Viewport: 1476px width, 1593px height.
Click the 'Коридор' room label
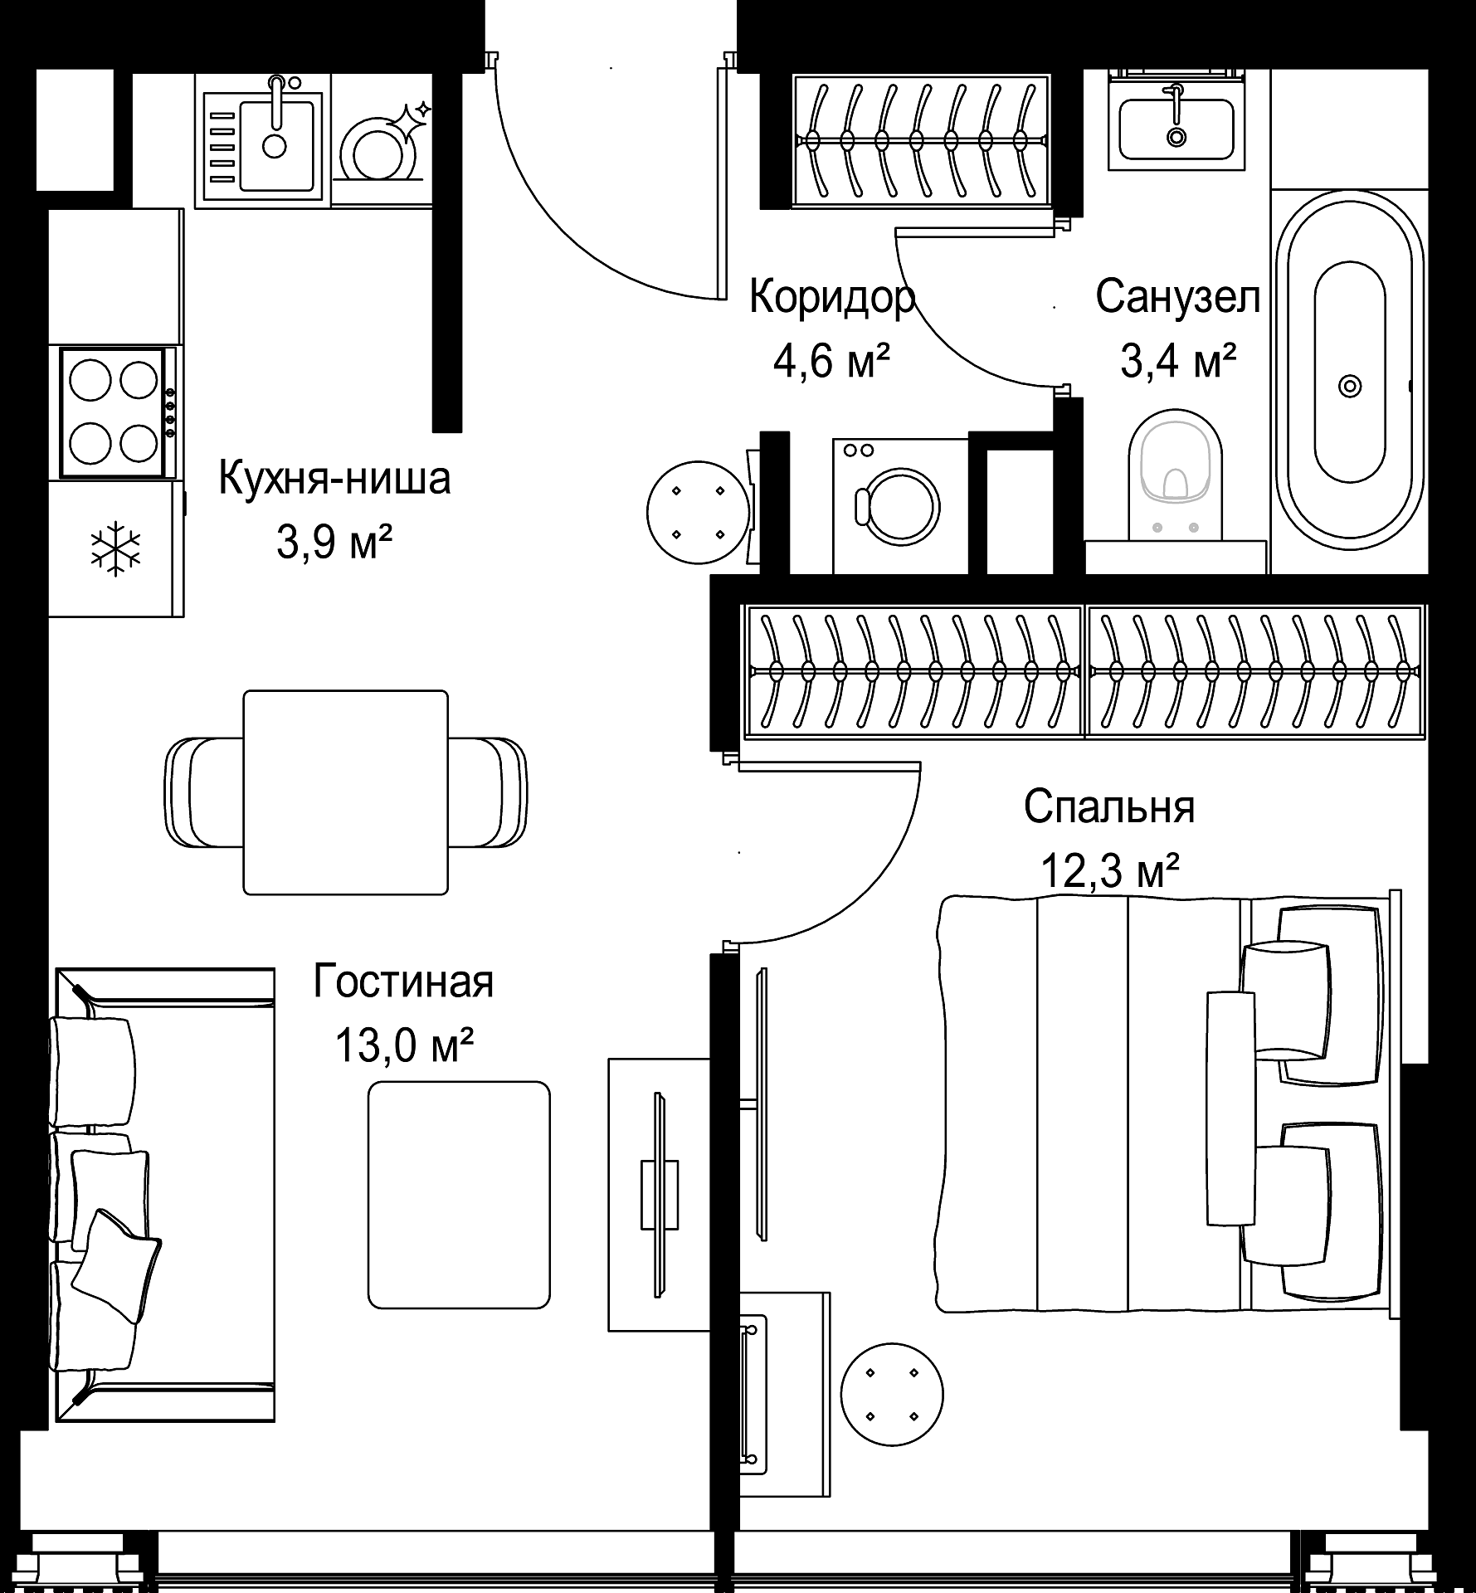[832, 298]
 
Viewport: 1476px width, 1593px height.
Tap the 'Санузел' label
[1178, 296]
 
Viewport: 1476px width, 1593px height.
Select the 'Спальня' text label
[1109, 806]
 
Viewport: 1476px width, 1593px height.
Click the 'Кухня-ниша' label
[334, 479]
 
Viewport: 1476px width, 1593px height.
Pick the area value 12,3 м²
[1110, 870]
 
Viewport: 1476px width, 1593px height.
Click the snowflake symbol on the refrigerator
[115, 548]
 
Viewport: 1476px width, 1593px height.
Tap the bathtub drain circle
[1350, 386]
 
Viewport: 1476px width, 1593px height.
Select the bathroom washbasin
[1176, 129]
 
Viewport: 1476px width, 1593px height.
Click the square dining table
[345, 792]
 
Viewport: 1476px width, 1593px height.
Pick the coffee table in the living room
[459, 1195]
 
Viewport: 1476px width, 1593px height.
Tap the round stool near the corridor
[699, 513]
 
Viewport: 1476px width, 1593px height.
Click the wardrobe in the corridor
[921, 139]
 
